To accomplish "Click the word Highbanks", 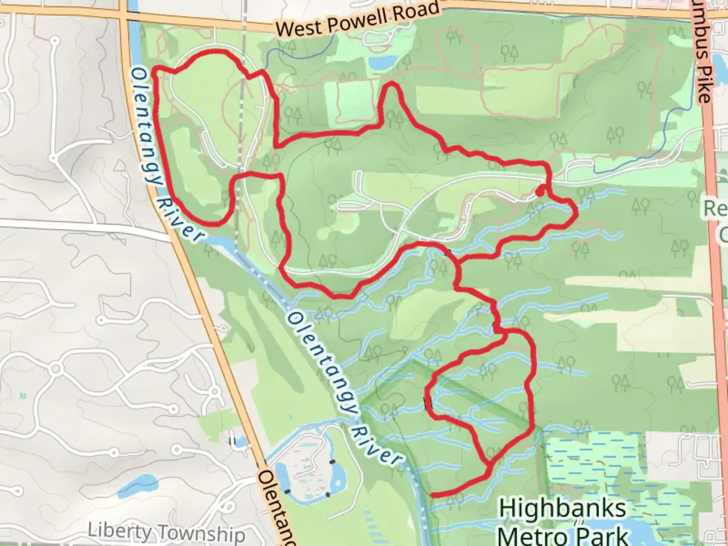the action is click(x=562, y=509).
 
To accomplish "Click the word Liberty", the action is click(x=118, y=531).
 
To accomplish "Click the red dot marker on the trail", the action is click(x=540, y=192).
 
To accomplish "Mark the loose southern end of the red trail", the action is click(x=433, y=494).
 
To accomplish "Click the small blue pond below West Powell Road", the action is click(x=383, y=63).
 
